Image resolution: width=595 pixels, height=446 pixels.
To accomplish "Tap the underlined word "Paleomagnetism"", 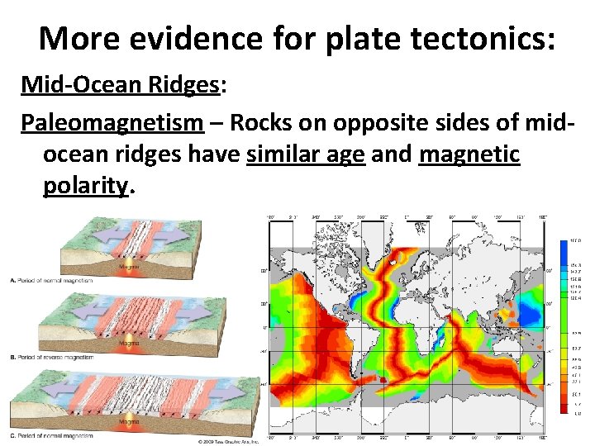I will click(112, 122).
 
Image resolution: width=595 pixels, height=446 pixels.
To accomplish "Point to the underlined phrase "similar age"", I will click(306, 154).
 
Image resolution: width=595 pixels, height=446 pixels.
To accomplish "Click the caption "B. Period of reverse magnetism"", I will click(51, 358).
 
